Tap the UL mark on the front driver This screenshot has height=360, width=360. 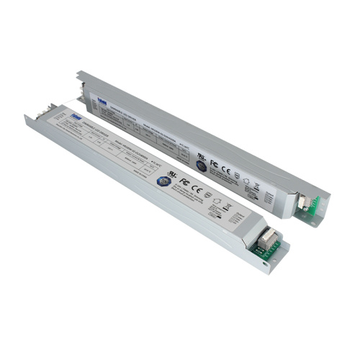tap(172, 174)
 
